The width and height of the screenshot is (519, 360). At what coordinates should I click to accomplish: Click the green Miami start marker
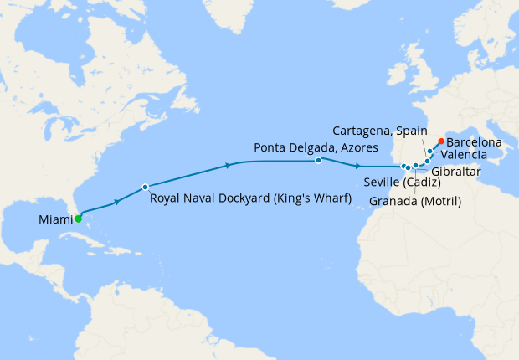click(78, 219)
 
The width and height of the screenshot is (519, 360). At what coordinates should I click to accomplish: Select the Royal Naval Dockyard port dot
click(146, 187)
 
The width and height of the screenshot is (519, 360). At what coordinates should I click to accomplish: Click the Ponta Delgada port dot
click(319, 160)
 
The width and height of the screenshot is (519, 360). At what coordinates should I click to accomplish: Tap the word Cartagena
click(362, 131)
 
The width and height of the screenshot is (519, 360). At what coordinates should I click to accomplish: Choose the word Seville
click(383, 183)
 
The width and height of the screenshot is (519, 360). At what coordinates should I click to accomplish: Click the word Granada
click(392, 201)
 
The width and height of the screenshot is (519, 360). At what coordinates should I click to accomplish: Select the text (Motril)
click(439, 201)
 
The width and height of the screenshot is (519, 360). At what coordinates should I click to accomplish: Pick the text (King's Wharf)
click(305, 198)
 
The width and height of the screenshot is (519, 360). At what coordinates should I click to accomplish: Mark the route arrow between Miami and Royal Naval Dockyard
click(117, 201)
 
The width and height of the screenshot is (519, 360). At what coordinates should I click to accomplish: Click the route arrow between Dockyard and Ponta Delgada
click(229, 166)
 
